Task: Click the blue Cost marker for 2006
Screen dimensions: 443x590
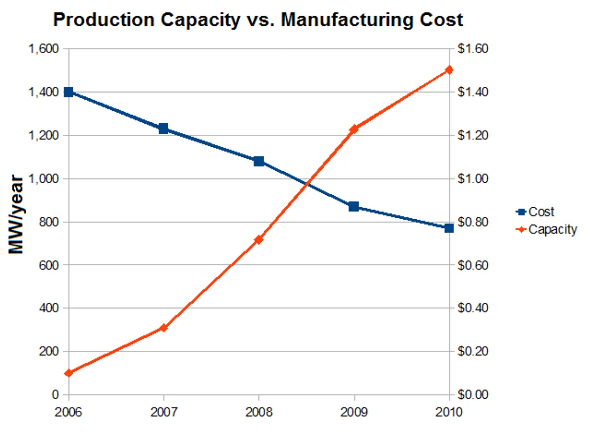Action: (69, 92)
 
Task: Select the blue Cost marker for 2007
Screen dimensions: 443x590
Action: (164, 129)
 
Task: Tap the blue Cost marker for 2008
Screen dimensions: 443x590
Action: (259, 161)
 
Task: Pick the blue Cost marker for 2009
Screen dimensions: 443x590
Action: (354, 206)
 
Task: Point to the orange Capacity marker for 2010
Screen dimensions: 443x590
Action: (449, 70)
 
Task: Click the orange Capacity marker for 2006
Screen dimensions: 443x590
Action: (69, 373)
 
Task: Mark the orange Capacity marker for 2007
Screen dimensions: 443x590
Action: (164, 328)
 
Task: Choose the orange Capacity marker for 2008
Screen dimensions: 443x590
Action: (259, 239)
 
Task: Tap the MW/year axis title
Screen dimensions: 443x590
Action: (16, 215)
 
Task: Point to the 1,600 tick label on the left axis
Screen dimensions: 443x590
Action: (44, 48)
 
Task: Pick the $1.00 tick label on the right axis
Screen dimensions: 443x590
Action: (472, 179)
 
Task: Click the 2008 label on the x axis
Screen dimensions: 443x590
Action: (259, 412)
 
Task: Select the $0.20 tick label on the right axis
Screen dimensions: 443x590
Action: (472, 351)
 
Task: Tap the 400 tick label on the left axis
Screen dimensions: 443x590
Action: (49, 308)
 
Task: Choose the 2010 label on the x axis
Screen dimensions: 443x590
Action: (449, 412)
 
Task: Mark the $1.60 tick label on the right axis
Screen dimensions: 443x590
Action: (472, 48)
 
